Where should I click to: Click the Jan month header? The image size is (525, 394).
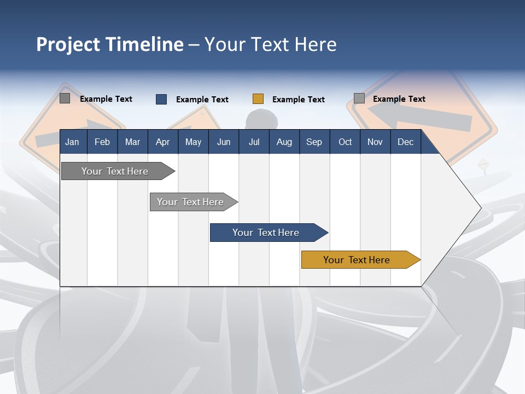pos(72,142)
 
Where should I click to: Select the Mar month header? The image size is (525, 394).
pos(132,142)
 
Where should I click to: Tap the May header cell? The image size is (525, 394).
pos(193,142)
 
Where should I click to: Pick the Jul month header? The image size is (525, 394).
pos(254,142)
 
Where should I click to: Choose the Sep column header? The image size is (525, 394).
pos(314,142)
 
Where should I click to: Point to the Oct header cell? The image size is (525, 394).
pos(345,142)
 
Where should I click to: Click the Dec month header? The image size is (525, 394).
pos(405,142)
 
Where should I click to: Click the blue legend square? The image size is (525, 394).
pos(161,99)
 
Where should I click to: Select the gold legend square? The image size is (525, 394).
pos(258,99)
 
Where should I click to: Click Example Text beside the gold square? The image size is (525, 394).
pos(299,100)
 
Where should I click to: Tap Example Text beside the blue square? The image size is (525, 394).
pos(202,100)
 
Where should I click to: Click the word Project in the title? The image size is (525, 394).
pos(67,44)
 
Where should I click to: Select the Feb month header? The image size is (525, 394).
pos(102,142)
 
